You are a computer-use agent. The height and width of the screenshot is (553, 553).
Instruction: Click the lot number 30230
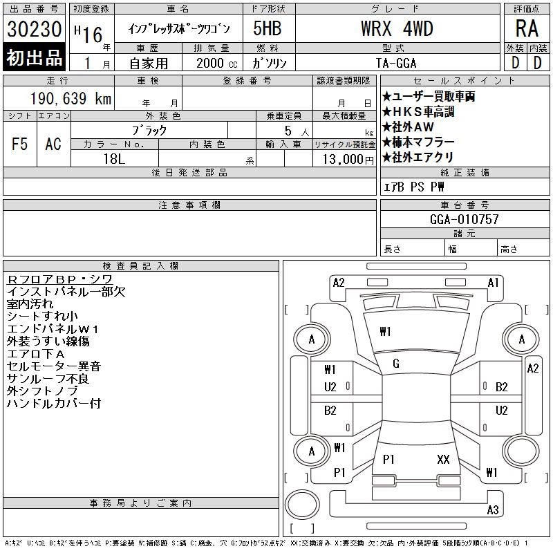click(x=35, y=30)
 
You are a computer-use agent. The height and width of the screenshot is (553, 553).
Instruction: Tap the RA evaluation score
click(x=526, y=28)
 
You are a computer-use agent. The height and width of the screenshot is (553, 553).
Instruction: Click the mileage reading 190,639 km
click(x=70, y=98)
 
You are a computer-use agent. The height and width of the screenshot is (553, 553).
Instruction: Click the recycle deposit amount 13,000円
click(x=344, y=159)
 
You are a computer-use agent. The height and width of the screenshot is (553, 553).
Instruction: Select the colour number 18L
click(x=115, y=159)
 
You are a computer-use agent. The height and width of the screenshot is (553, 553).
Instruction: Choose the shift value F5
click(x=20, y=144)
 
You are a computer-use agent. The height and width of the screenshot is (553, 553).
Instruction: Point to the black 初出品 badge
click(x=35, y=57)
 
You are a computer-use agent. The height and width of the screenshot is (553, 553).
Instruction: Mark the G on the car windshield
click(x=396, y=364)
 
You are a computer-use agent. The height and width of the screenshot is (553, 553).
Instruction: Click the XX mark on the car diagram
click(x=443, y=459)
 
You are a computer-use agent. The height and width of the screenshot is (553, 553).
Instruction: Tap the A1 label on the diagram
click(x=494, y=282)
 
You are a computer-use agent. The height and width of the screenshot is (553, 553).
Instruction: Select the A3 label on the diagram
click(x=493, y=510)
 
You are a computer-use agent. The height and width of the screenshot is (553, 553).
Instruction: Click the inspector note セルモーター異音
click(x=54, y=366)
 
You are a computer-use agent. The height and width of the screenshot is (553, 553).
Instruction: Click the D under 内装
click(x=537, y=62)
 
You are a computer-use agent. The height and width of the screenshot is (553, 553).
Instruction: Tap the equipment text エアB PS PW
click(x=414, y=187)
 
